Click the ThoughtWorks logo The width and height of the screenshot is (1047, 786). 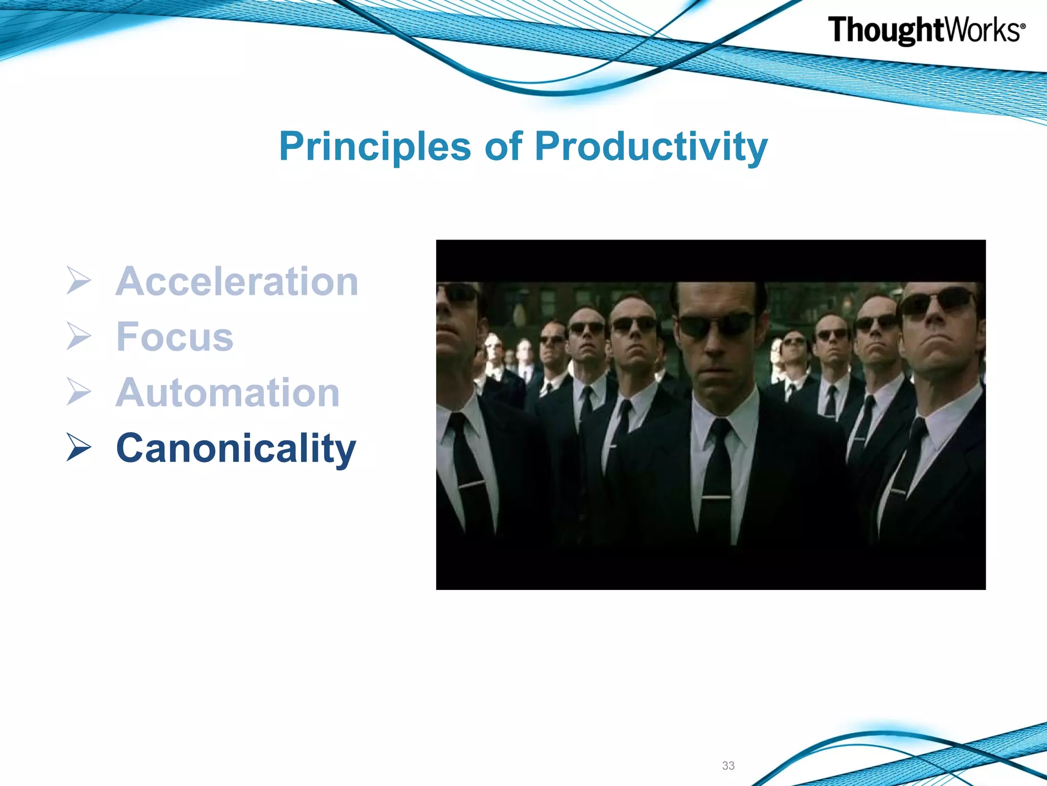pos(926,30)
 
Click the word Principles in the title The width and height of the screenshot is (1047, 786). pos(375,147)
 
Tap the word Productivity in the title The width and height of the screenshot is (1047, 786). pos(651,147)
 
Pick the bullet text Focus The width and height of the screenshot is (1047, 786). pos(175,337)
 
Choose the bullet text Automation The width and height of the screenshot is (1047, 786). pos(228,392)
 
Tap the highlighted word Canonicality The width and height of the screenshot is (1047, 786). pos(236,449)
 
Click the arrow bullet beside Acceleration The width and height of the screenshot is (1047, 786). pos(79,280)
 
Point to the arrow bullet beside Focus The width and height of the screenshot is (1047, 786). pos(79,336)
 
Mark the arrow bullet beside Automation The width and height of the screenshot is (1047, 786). pos(79,392)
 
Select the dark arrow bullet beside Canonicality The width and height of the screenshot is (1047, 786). pos(79,447)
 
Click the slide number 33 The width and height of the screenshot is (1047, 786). pos(729,766)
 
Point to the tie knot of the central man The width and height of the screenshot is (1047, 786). pos(720,429)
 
